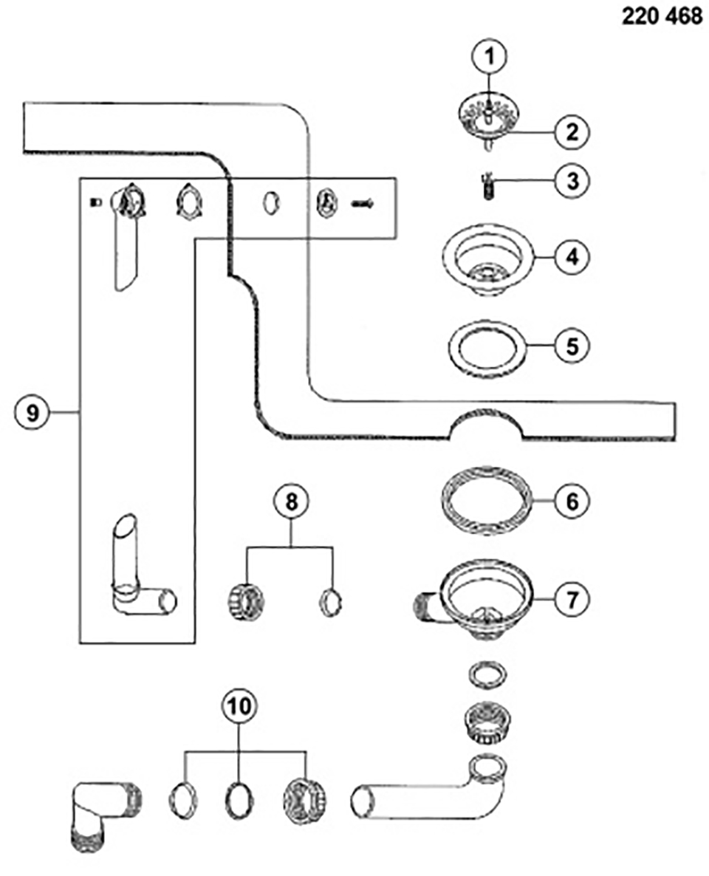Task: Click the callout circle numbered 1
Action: pos(487,55)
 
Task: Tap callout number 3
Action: pos(573,180)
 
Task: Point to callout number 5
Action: pos(573,345)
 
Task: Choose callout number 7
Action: pos(573,599)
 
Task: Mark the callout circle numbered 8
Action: pos(290,504)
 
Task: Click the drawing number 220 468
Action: pos(662,16)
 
